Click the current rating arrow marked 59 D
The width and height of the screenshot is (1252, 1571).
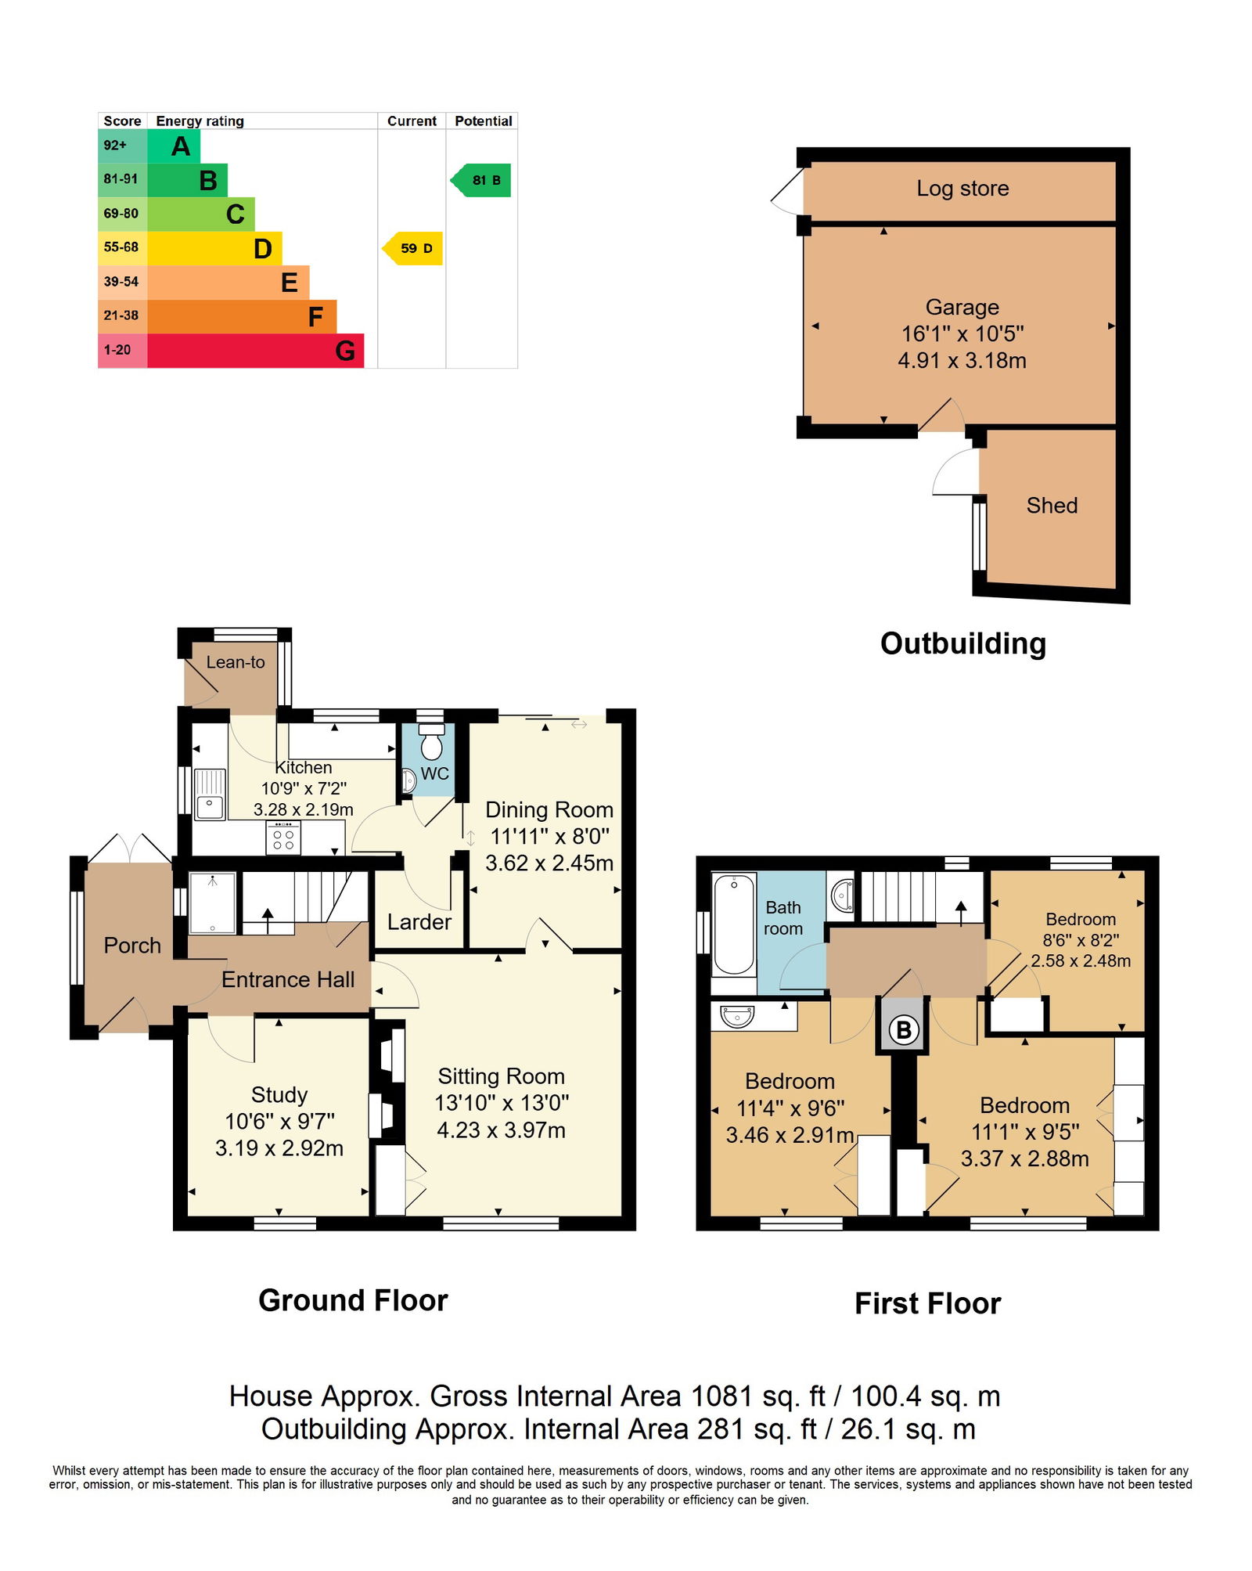[412, 248]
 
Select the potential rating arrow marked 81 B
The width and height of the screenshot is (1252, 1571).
[480, 180]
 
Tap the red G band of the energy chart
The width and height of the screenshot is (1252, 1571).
[255, 350]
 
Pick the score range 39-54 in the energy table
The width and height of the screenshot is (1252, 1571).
[121, 282]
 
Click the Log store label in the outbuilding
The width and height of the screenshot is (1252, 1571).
[962, 189]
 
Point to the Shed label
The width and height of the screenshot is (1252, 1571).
[1052, 506]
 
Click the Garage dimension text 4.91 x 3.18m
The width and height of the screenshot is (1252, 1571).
[962, 361]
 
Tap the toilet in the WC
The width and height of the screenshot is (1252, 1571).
[431, 740]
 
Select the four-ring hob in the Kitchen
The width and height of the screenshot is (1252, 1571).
[283, 837]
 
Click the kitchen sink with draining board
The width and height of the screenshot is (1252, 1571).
[210, 794]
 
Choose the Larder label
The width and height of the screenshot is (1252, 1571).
[419, 922]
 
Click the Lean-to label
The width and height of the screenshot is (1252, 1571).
[236, 662]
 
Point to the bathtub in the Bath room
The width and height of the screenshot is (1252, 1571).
[734, 924]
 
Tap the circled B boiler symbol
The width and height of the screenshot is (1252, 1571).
[904, 1029]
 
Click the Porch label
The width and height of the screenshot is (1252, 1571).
[132, 946]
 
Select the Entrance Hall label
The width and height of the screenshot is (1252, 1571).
[288, 980]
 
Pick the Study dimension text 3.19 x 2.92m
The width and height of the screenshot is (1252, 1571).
[279, 1148]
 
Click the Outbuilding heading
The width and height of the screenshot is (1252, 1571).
[963, 643]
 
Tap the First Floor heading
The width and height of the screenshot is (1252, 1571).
[928, 1304]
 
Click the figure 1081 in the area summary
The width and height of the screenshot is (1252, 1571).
[718, 1396]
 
